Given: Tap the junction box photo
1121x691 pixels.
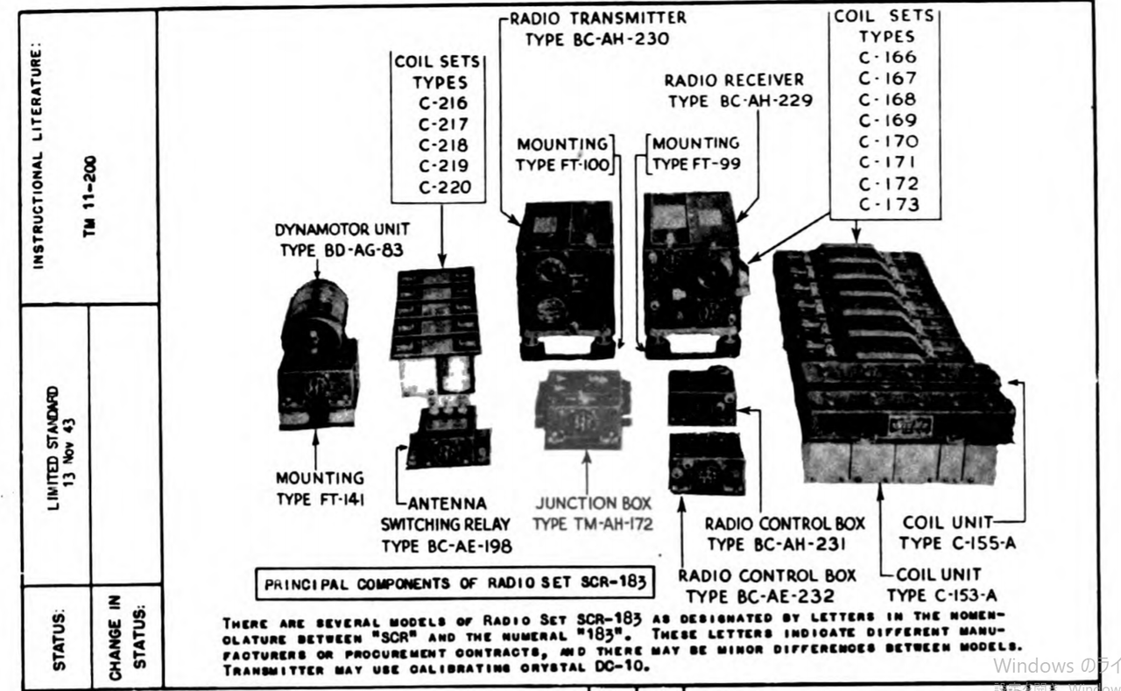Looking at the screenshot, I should click(x=582, y=410).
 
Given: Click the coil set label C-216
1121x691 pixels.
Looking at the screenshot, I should click(x=443, y=103).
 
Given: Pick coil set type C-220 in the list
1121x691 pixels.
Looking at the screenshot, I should click(x=443, y=187).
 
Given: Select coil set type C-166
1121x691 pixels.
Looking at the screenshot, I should click(x=887, y=57).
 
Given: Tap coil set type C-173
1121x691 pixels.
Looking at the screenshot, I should click(x=887, y=205).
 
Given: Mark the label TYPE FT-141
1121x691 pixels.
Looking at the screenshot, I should click(x=320, y=499).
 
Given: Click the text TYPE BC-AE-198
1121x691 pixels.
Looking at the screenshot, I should click(x=447, y=546).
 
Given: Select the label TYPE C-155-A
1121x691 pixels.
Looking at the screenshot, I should click(x=958, y=543).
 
